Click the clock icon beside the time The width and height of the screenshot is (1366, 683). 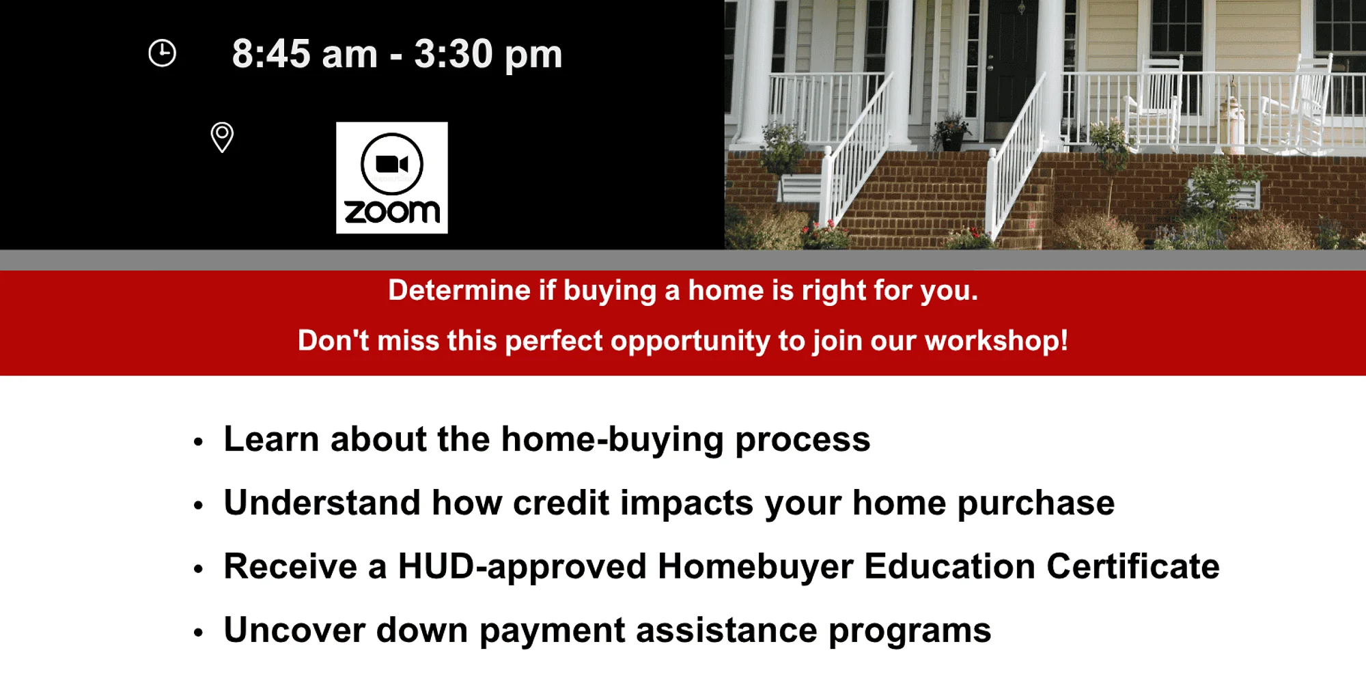(162, 53)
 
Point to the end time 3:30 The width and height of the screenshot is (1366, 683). (454, 54)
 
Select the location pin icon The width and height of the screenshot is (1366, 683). (222, 137)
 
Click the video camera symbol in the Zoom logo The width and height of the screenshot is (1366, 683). (392, 164)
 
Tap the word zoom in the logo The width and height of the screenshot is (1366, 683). (392, 212)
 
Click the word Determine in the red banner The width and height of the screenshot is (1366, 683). (460, 290)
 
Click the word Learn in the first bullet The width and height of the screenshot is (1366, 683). (271, 438)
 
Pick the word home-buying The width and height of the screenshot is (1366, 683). (613, 440)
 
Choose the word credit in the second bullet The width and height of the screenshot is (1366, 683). (561, 503)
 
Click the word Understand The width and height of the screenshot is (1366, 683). (322, 503)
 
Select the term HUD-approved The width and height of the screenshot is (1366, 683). (522, 568)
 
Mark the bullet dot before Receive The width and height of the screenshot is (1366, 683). (198, 568)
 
